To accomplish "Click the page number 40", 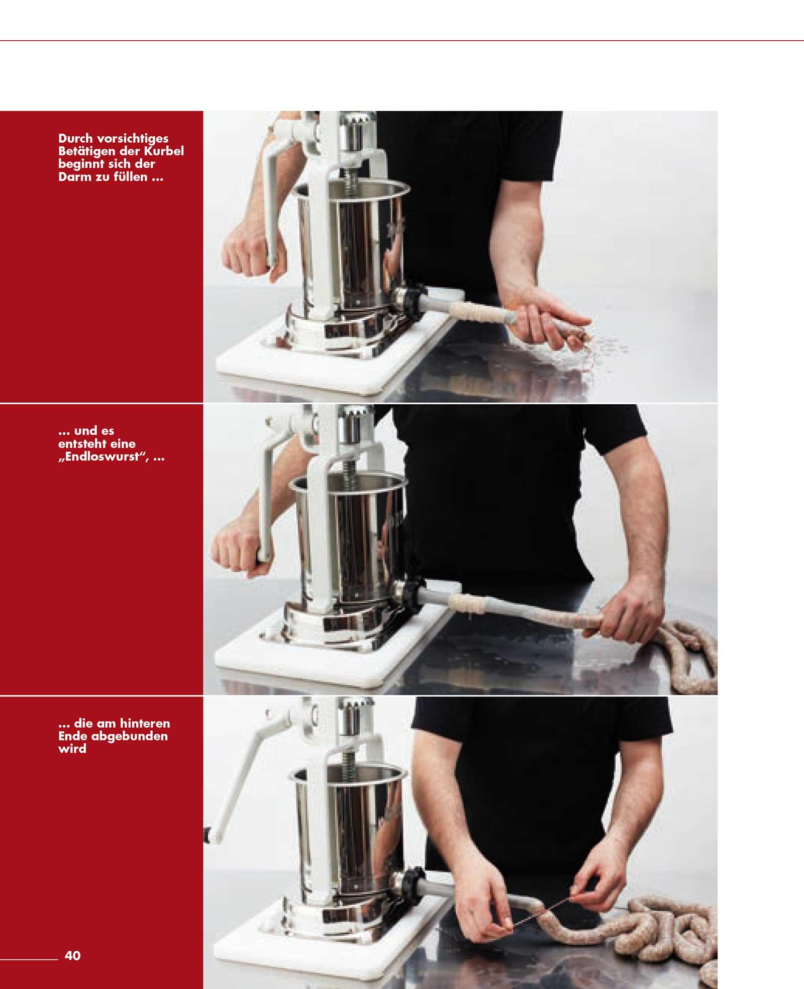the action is click(73, 956).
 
